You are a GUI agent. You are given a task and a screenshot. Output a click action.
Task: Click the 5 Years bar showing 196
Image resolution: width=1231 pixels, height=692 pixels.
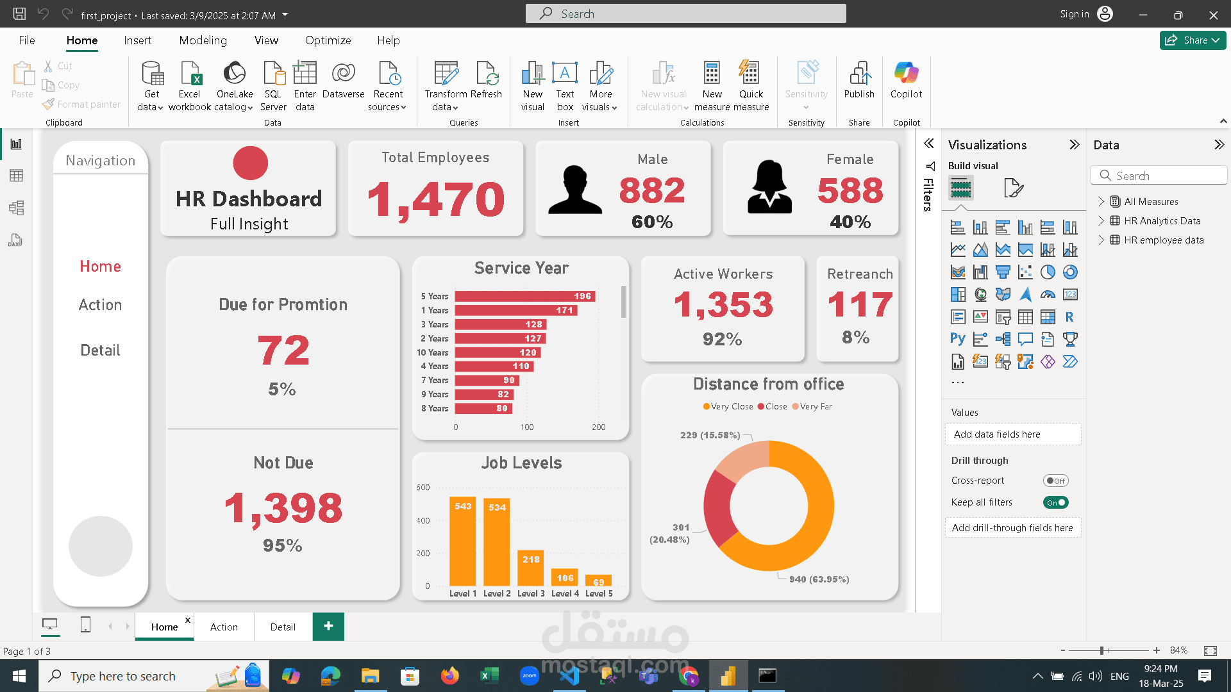(x=524, y=296)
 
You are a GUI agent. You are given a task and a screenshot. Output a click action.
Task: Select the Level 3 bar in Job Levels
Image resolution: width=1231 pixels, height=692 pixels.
(x=530, y=568)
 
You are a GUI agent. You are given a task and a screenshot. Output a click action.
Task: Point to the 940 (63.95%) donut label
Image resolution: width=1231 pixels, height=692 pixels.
(x=819, y=579)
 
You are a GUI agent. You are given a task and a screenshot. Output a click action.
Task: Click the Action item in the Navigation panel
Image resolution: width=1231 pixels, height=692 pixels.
(x=100, y=305)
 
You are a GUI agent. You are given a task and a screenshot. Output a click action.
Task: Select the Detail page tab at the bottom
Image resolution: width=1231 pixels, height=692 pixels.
(x=283, y=627)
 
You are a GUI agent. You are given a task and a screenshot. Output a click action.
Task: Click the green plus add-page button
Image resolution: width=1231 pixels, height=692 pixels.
(x=328, y=626)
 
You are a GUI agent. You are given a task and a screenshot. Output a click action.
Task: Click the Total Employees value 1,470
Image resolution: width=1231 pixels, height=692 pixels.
(x=436, y=199)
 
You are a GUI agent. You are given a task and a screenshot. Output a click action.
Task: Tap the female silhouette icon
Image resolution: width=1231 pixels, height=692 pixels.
(x=769, y=187)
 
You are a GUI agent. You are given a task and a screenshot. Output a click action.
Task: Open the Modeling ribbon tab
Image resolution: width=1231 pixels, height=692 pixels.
(x=203, y=40)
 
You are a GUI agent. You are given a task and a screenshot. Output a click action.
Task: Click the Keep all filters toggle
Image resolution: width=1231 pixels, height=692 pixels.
(x=1055, y=502)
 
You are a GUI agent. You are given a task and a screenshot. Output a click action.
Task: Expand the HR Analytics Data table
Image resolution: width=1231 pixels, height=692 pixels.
(x=1101, y=220)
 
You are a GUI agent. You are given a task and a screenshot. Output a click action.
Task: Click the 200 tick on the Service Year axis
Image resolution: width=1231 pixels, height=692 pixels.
(x=598, y=427)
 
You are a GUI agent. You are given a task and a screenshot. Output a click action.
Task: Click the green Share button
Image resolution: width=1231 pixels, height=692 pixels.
(x=1192, y=40)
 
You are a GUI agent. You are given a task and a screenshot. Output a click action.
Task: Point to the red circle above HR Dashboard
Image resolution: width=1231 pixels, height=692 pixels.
(x=250, y=163)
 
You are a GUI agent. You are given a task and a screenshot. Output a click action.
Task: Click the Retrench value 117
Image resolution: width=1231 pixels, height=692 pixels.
(x=859, y=304)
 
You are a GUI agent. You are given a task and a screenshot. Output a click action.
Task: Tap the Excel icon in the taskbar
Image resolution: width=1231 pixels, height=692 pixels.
(x=489, y=675)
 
